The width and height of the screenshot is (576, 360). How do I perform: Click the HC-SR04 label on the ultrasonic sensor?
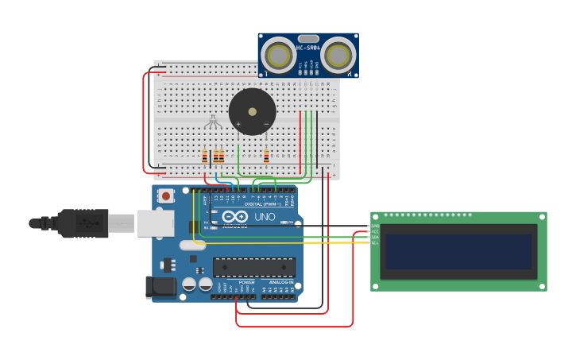coord(307,48)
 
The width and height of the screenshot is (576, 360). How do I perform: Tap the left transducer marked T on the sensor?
coord(279,55)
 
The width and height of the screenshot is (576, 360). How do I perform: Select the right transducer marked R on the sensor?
coord(338,55)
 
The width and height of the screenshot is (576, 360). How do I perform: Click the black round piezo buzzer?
coord(253,111)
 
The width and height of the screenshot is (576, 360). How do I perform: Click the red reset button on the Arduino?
coord(166,195)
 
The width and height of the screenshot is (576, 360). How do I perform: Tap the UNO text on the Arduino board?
coord(265,217)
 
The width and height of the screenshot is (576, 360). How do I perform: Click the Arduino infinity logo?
coord(234,217)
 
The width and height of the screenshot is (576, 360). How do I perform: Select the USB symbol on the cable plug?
coord(93,224)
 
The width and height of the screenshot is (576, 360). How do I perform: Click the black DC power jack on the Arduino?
coord(160,287)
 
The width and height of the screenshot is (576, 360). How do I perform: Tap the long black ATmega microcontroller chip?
coord(253,267)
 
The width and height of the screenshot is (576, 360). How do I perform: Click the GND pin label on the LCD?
coord(375,226)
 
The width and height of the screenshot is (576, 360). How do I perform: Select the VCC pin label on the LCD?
coord(375,231)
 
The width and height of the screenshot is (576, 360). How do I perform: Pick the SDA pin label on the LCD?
coord(375,237)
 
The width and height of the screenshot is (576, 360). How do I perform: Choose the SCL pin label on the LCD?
coord(375,242)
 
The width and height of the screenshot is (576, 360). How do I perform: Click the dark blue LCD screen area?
coord(458,251)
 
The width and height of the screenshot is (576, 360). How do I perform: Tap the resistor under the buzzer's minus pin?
coord(266,156)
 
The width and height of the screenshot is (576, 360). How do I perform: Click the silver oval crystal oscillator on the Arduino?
coord(192,246)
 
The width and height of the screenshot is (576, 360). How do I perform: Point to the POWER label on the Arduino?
coord(247,282)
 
